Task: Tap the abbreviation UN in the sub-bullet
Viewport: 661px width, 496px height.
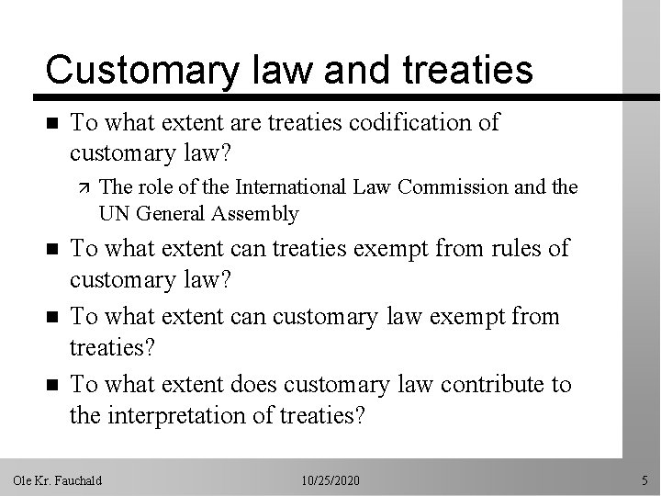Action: point(113,214)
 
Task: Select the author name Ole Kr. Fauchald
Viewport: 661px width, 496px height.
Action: point(57,480)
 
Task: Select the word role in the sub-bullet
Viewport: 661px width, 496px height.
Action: point(151,187)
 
